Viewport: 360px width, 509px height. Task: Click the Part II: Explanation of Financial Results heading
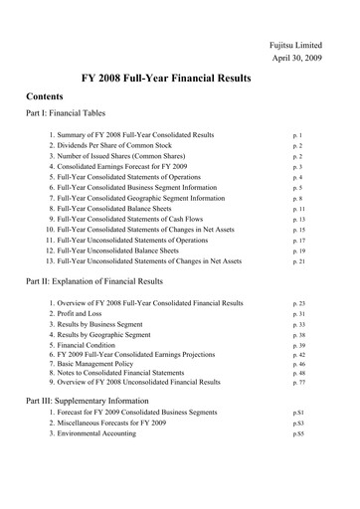pos(108,282)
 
